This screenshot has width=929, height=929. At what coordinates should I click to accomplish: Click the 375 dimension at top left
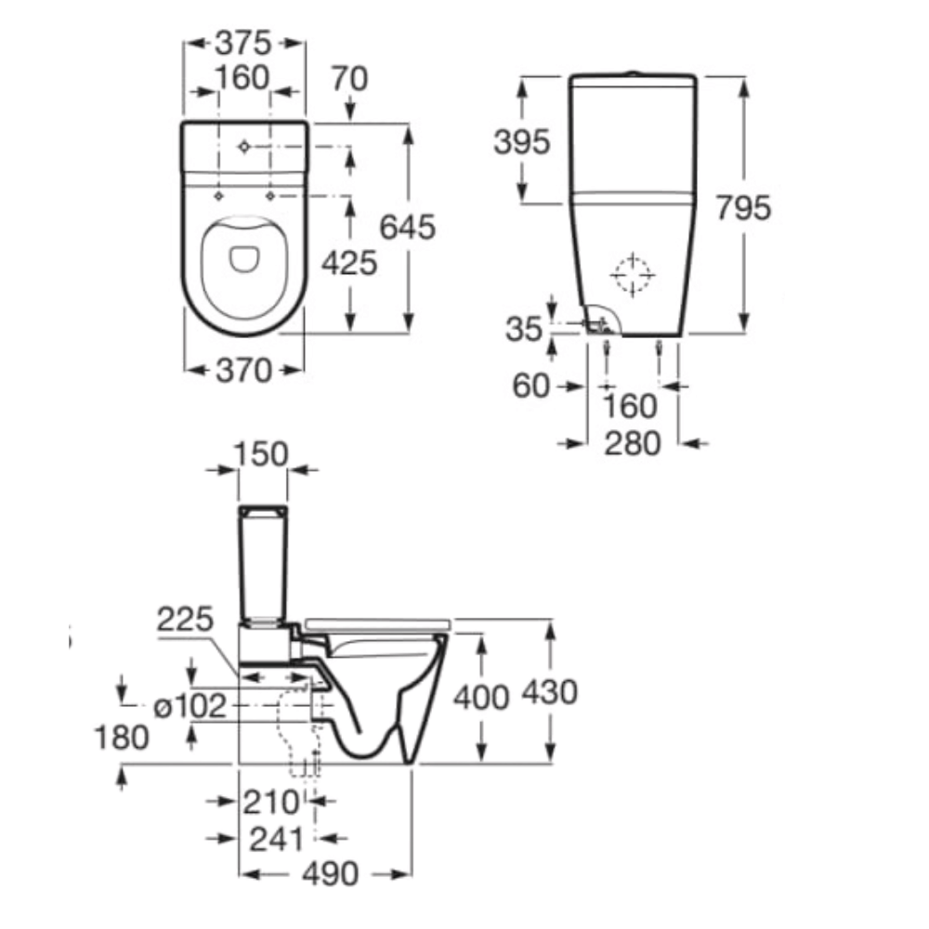pos(242,44)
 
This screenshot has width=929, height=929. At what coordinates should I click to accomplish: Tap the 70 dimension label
pos(349,79)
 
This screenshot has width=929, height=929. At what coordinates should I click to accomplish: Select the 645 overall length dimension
pos(407,227)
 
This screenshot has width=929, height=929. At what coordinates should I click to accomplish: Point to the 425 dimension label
pos(349,263)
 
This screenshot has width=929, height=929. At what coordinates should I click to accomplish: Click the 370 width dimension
pos(243,371)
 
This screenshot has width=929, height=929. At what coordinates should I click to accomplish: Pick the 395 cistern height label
pos(522,142)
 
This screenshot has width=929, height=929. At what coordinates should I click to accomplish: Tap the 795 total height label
pos(743,207)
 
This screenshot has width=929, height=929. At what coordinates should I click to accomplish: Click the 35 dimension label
pos(524,329)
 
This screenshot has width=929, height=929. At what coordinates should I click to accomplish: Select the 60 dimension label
pos(530,386)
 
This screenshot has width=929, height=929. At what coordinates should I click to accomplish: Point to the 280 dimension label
pos(632,443)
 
